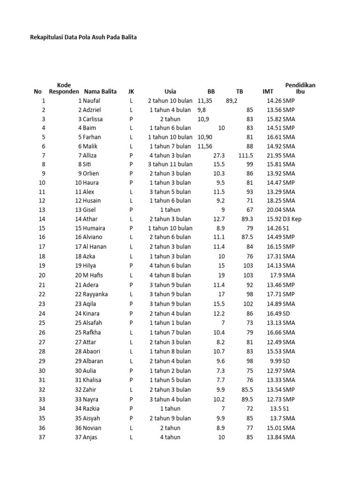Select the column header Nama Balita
coord(100,91)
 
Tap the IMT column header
coord(268,91)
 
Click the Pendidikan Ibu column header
coord(300,88)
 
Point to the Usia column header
coord(170,91)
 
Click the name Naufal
coord(91,100)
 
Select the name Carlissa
coord(93,119)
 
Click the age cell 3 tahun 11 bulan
coord(170,164)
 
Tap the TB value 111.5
coord(246,155)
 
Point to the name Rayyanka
coord(96,294)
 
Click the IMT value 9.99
coord(276,361)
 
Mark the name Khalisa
coord(93,380)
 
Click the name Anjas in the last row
coord(91,437)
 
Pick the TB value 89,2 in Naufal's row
coord(232,100)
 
